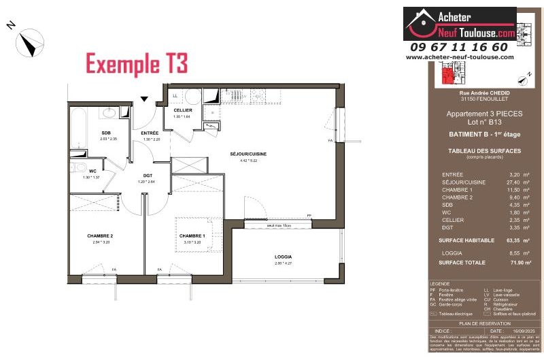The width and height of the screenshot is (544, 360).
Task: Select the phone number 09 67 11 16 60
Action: (459, 47)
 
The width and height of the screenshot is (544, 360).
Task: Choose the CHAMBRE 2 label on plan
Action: (99, 235)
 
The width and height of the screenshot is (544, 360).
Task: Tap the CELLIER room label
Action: (183, 110)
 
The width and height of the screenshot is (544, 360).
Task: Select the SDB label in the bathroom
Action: (107, 133)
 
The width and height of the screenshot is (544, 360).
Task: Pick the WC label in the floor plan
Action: (82, 171)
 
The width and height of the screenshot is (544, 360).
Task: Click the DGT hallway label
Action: (147, 176)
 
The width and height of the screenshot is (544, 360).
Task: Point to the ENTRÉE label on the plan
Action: (150, 133)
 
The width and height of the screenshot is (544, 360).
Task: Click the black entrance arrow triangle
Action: (144, 99)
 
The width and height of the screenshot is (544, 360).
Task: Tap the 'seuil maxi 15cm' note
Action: (259, 225)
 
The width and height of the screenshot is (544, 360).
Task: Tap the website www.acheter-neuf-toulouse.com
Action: (459, 57)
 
